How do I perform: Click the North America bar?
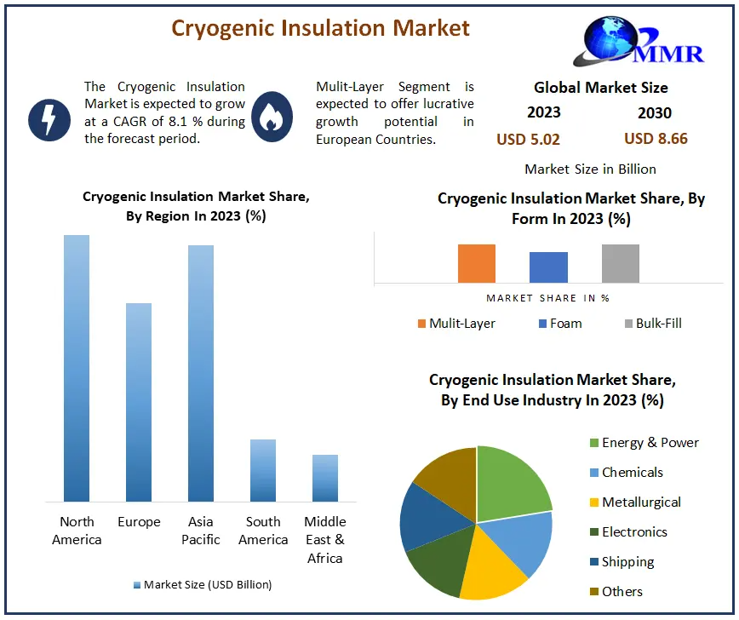[x=77, y=368]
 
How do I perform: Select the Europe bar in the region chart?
[x=139, y=402]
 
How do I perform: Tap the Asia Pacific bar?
[x=201, y=373]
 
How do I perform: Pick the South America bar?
[x=263, y=470]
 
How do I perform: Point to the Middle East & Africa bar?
[x=325, y=478]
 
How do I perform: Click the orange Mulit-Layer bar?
[x=477, y=263]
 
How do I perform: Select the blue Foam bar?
[x=548, y=267]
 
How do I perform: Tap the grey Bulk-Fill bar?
[x=621, y=263]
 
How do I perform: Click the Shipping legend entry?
[x=622, y=561]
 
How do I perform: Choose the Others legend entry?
[x=616, y=591]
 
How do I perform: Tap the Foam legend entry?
[x=560, y=324]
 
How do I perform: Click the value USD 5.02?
[x=529, y=140]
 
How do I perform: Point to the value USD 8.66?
[x=656, y=139]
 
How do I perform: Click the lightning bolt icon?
[x=49, y=120]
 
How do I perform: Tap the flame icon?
[x=272, y=117]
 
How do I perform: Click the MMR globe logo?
[x=639, y=42]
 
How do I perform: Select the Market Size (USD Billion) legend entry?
[x=203, y=584]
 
